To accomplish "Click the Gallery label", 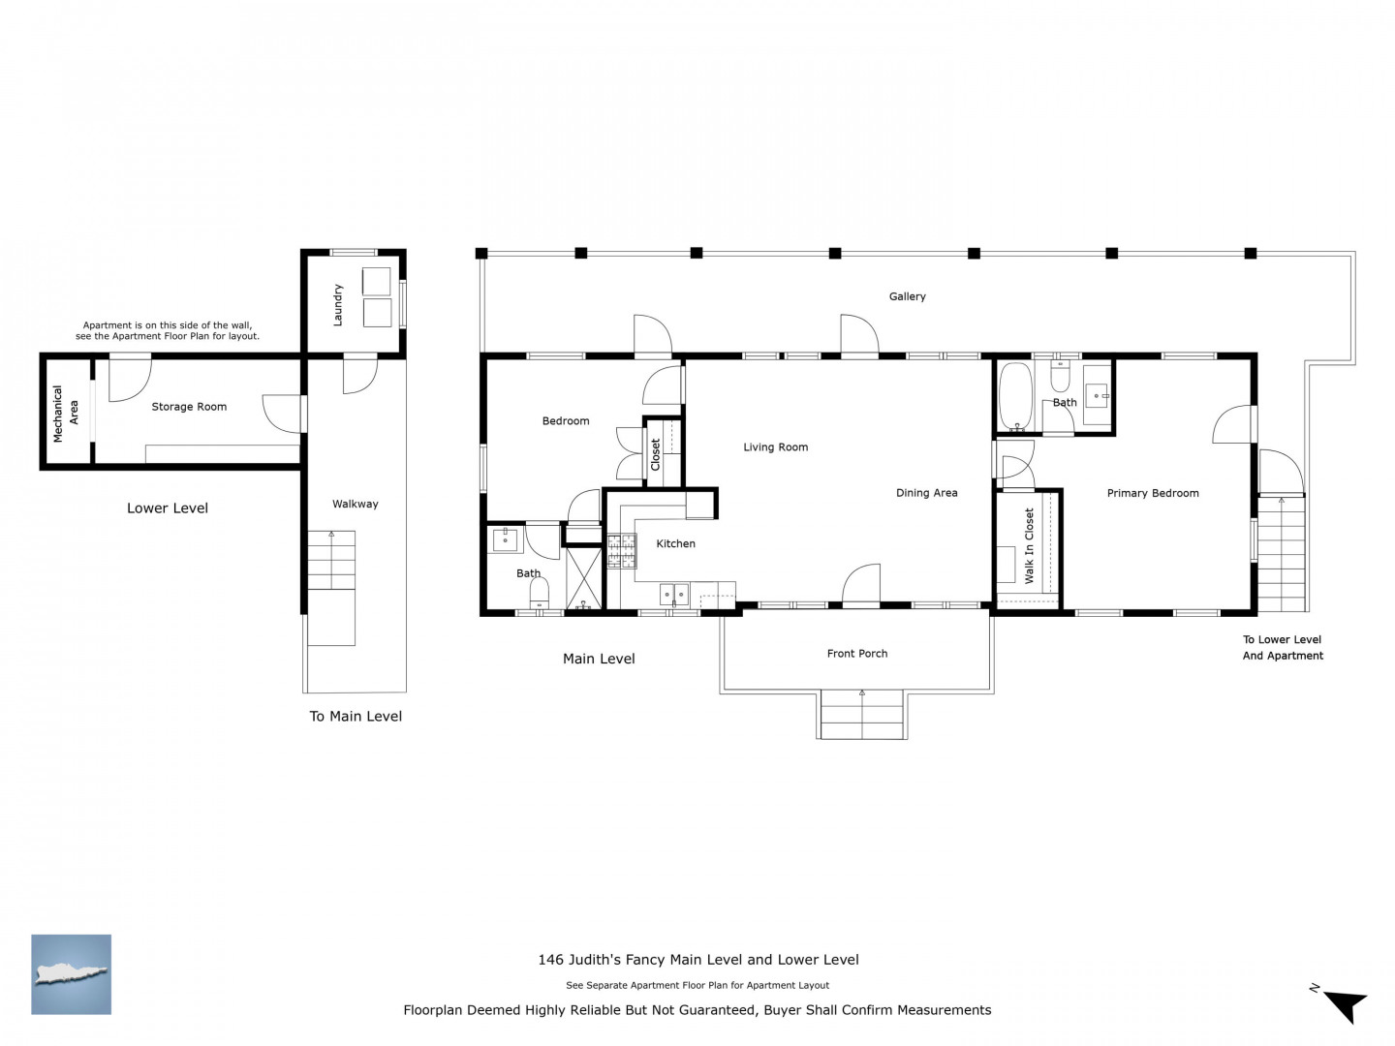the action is (x=907, y=296).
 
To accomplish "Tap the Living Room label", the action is (x=775, y=447).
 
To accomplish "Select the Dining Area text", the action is (x=926, y=493).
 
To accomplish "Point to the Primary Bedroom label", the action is (x=1152, y=494).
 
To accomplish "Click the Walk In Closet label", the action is (x=1029, y=545).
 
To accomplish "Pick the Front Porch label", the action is (x=856, y=654).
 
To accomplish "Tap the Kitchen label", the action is (x=675, y=543).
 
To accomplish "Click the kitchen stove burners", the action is (x=622, y=551).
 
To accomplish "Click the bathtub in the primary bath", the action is (x=1015, y=397).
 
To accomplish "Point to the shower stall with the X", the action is (x=583, y=578).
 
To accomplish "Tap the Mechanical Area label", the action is (x=66, y=413).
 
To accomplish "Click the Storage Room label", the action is (x=189, y=407).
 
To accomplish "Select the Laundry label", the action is (x=337, y=305).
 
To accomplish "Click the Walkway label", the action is (x=355, y=505).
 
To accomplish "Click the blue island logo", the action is (x=71, y=974).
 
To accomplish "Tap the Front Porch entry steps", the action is (x=862, y=715).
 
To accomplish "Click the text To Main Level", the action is (x=356, y=717).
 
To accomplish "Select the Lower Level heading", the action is (x=168, y=508).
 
